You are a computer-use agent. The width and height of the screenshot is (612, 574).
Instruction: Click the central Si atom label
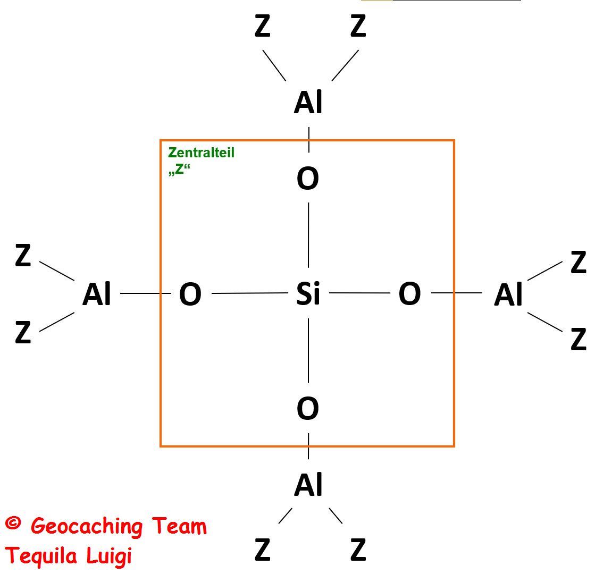(308, 293)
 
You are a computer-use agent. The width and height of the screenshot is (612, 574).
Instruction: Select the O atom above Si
(308, 179)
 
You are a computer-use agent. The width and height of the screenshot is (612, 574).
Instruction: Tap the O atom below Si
(308, 409)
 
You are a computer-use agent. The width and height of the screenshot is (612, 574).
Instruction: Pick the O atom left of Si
(190, 294)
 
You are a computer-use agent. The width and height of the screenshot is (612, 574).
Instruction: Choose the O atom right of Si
(409, 294)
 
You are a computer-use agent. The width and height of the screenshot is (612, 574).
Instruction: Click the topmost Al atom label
(308, 103)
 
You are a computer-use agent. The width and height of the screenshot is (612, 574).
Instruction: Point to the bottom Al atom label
(308, 485)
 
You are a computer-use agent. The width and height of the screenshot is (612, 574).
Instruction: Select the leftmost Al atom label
(97, 294)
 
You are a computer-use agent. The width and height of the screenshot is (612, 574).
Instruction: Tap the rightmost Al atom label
(508, 295)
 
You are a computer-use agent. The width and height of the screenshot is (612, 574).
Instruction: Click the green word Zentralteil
(201, 153)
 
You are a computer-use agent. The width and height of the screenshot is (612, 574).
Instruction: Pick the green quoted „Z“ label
(179, 170)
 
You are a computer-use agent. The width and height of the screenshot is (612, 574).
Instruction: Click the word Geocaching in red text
(87, 526)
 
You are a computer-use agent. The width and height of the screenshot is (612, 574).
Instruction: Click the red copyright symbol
(13, 524)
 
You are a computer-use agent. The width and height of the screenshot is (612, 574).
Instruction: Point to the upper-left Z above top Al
(263, 26)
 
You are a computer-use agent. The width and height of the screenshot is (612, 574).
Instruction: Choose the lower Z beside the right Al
(578, 339)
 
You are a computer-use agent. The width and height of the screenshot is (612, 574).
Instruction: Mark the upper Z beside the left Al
(23, 256)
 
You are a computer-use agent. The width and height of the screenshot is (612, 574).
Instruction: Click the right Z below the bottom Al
(358, 550)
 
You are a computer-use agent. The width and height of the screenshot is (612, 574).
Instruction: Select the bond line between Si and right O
(360, 293)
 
